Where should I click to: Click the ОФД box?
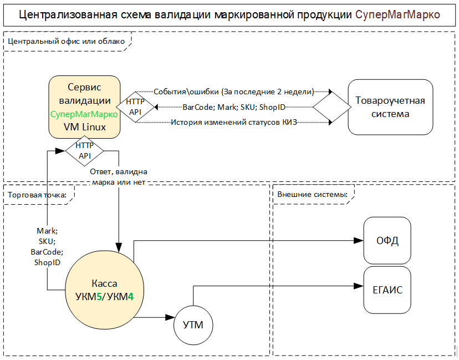(x=387, y=241)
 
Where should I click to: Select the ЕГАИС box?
(x=387, y=290)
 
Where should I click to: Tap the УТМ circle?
(x=193, y=325)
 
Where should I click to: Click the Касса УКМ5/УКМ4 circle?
(x=104, y=290)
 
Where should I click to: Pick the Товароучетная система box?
(x=390, y=107)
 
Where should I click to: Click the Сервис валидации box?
(x=84, y=107)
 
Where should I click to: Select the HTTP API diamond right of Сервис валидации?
(x=135, y=107)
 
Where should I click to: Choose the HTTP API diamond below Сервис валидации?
(x=85, y=151)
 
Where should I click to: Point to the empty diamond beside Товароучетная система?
(x=332, y=107)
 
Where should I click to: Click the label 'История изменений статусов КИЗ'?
(x=233, y=122)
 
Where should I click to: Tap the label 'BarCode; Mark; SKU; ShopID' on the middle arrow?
(x=233, y=107)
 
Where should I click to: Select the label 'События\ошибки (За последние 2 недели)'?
(x=233, y=92)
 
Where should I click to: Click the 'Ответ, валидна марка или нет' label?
(x=119, y=177)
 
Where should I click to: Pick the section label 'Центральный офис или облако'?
(x=66, y=41)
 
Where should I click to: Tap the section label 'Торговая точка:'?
(x=37, y=195)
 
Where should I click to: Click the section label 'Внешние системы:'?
(x=312, y=195)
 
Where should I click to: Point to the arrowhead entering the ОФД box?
(x=359, y=241)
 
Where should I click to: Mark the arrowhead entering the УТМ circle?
(x=170, y=317)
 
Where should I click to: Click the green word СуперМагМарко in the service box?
(x=84, y=114)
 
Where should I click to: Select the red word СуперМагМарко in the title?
(x=397, y=14)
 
